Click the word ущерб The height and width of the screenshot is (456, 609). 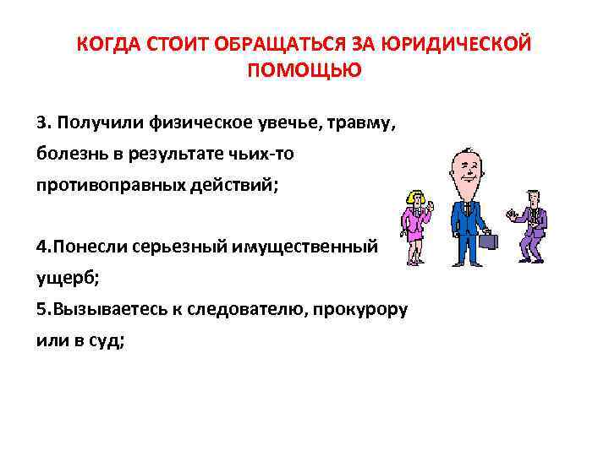[x=60, y=277]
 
